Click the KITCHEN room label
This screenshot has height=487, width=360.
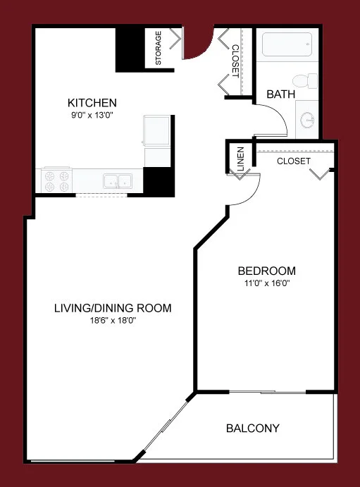(x=92, y=102)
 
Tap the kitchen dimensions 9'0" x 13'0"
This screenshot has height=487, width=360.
(x=92, y=114)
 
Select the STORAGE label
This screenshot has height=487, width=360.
(x=159, y=47)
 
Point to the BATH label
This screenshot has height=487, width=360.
(x=280, y=94)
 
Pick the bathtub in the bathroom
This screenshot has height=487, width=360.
(x=286, y=48)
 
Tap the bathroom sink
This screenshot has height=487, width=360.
(x=306, y=121)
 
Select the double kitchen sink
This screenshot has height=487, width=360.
(x=117, y=181)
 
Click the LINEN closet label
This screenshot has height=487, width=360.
(x=240, y=159)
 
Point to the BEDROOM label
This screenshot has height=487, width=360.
(x=266, y=271)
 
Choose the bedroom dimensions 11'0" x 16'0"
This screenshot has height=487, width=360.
(x=266, y=284)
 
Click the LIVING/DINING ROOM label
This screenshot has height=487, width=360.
(x=113, y=308)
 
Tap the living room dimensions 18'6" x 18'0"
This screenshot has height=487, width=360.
(x=113, y=321)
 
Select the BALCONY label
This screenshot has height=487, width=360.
(x=253, y=428)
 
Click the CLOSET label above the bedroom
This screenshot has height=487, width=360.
(x=294, y=161)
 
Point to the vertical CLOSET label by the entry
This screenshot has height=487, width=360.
(x=235, y=60)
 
